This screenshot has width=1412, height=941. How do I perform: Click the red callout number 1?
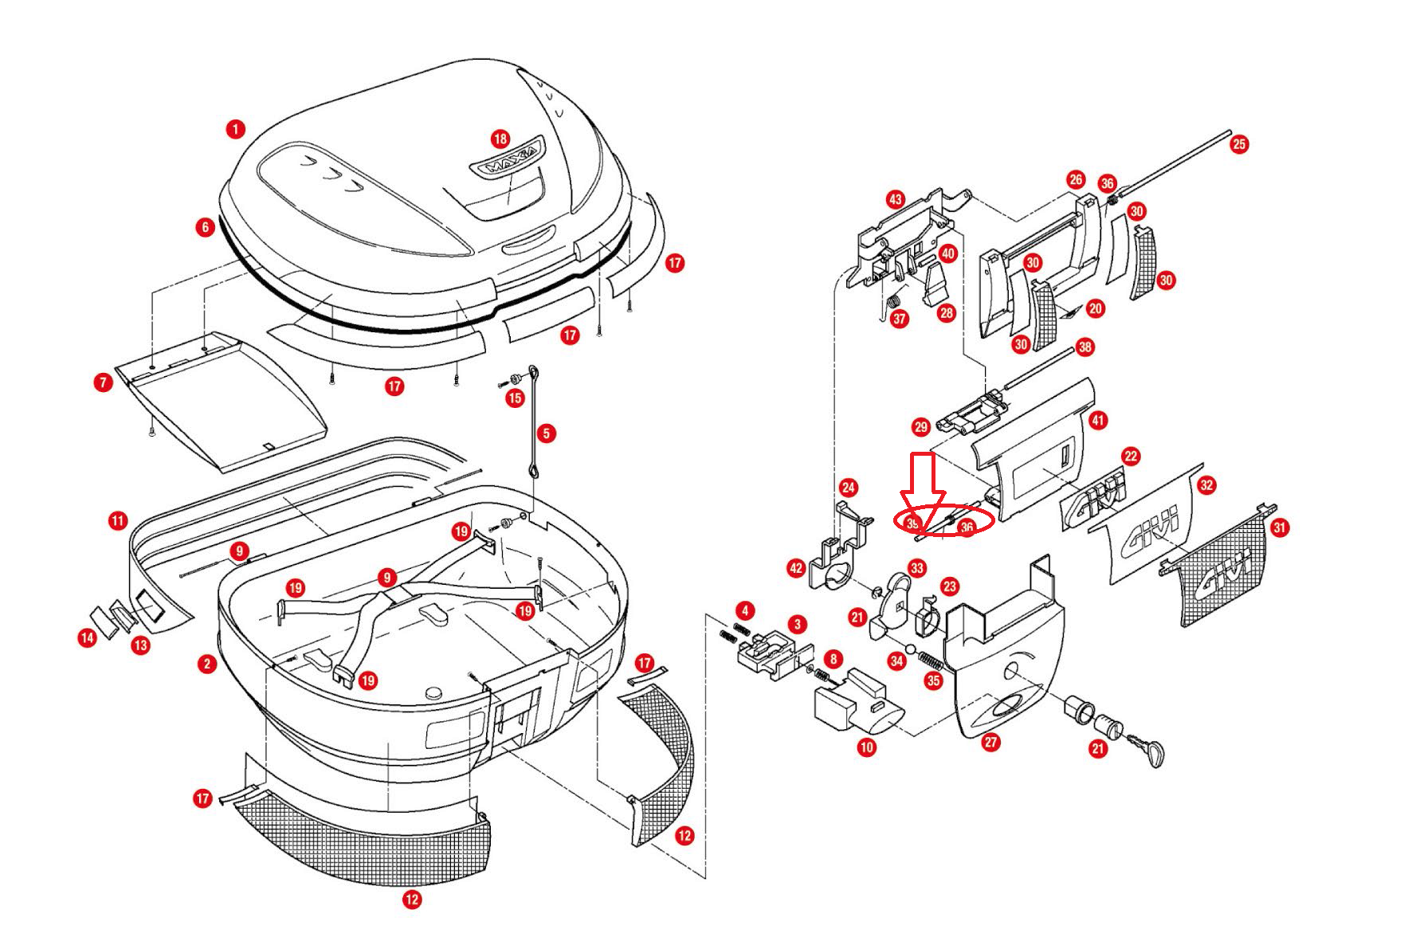235,128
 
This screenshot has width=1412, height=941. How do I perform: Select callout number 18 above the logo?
500,139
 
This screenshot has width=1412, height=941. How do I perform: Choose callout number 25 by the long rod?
1239,144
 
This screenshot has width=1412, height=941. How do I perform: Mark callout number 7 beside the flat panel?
103,382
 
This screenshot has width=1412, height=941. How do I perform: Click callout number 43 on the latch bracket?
896,199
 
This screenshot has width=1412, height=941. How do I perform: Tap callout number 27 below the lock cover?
990,742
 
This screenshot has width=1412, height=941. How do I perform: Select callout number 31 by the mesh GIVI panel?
1280,527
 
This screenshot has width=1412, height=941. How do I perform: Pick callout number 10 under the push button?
867,747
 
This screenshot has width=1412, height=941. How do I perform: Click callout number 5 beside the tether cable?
546,433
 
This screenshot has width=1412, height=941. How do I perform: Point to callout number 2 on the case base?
208,663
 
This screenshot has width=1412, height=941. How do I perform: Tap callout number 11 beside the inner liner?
118,522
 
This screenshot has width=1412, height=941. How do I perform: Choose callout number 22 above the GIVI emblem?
1132,456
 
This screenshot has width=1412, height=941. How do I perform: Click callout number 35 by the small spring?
933,680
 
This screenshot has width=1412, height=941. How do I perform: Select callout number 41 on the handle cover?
1098,420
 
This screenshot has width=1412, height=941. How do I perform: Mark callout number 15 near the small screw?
516,398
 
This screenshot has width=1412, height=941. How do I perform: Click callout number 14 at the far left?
88,637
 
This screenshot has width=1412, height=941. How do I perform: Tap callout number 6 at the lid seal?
206,228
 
